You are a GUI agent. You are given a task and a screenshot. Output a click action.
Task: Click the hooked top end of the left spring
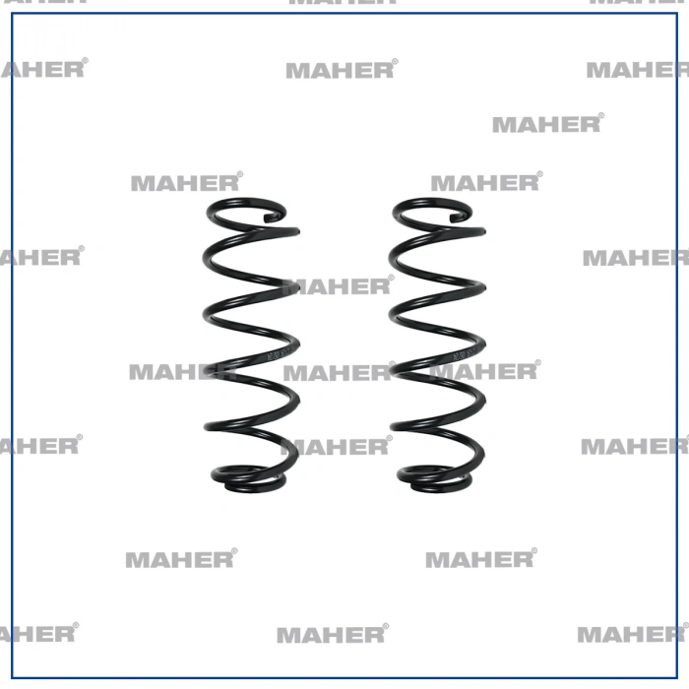(x=272, y=218)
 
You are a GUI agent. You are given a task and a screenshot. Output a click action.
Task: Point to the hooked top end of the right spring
(x=458, y=218)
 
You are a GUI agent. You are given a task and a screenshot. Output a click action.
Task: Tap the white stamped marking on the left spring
(x=278, y=353)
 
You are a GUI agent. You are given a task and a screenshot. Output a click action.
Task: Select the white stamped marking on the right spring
(x=464, y=353)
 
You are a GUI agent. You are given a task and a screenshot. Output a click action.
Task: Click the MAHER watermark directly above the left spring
(x=187, y=182)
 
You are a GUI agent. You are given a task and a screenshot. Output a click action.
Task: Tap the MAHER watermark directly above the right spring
(x=487, y=182)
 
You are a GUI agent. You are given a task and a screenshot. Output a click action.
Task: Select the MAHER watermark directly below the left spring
(x=181, y=558)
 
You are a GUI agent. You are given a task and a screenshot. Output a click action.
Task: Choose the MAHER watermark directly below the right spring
(x=481, y=558)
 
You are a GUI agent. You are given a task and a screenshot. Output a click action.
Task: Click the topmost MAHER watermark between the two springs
(x=338, y=285)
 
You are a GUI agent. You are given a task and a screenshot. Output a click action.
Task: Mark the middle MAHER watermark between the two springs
(x=340, y=372)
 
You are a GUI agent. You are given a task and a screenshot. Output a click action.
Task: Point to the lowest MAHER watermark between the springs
(x=337, y=446)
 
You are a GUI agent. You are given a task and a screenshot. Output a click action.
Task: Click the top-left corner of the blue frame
(x=12, y=14)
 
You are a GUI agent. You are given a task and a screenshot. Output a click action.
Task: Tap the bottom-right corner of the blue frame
(x=677, y=678)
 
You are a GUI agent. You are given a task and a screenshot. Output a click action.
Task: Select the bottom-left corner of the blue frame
(x=12, y=678)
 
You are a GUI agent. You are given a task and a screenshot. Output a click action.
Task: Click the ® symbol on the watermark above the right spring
(x=539, y=174)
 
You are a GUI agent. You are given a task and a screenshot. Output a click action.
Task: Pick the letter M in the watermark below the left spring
(x=137, y=560)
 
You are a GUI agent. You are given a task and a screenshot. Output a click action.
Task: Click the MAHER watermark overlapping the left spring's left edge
(x=183, y=371)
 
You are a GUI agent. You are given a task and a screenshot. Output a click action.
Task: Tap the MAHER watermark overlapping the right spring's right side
(x=485, y=370)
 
